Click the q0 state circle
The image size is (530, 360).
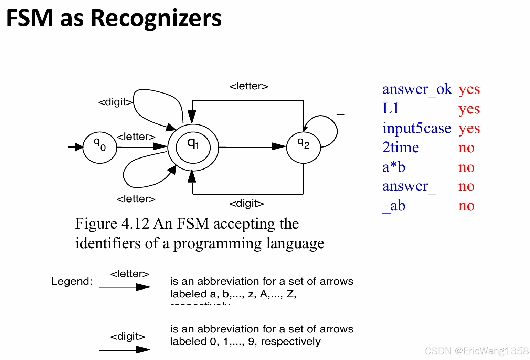point(100,147)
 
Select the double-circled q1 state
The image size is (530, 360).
point(193,147)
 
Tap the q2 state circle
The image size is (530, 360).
point(303,147)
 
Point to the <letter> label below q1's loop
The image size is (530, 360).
point(136,199)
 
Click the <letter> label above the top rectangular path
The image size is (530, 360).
point(249,86)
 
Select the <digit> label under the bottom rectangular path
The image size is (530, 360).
point(246,204)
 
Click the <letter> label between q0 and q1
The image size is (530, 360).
point(136,137)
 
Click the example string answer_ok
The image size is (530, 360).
point(417,89)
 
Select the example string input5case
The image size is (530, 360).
point(416,128)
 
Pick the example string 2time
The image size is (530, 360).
point(401,148)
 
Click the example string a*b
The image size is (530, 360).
point(394,167)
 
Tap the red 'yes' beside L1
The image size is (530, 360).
point(469,109)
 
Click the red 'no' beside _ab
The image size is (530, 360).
point(466,206)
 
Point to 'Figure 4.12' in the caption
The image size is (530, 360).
point(112,224)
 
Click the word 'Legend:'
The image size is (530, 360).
point(72,281)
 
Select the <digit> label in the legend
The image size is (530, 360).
point(128,336)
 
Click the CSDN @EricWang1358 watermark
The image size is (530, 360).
point(477,351)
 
